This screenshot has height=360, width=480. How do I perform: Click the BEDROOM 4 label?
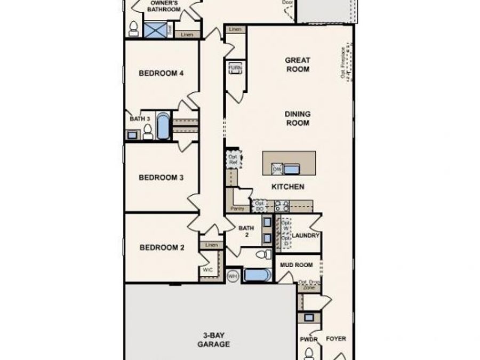(161, 74)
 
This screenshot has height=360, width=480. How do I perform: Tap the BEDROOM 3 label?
(161, 178)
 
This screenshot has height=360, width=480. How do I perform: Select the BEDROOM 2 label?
(161, 247)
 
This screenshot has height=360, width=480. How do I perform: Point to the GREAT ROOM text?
(298, 65)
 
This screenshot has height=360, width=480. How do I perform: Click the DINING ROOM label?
(298, 118)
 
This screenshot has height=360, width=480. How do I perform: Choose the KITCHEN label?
(288, 187)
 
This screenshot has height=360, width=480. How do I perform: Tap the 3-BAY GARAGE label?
(216, 340)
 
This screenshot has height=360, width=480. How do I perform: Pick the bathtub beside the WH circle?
(257, 276)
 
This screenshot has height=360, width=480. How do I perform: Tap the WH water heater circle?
(233, 276)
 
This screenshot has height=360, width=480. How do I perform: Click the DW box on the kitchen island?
(277, 169)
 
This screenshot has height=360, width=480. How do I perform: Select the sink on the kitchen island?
(291, 170)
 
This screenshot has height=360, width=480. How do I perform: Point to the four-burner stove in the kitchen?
(282, 206)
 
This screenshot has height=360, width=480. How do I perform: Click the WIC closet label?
(207, 270)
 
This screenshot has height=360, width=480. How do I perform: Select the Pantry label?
(237, 208)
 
